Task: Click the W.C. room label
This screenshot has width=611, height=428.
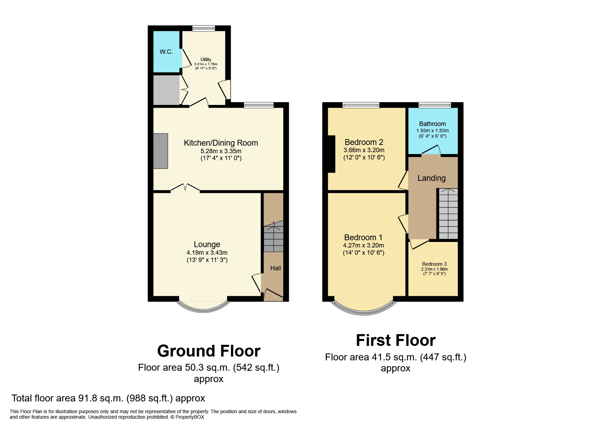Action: (x=166, y=52)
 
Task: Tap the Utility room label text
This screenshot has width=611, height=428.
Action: (x=206, y=59)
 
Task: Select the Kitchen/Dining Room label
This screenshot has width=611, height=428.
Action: (x=221, y=143)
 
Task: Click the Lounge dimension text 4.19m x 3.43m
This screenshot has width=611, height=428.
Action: (x=207, y=253)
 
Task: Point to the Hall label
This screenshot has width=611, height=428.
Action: (x=275, y=268)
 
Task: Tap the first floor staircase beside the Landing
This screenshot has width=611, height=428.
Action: (x=448, y=214)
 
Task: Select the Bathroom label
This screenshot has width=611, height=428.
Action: (x=432, y=124)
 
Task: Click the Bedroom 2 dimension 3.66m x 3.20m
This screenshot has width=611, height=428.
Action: (x=364, y=150)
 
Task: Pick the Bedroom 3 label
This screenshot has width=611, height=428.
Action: (x=434, y=264)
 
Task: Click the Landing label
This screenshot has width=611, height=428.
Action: (x=431, y=178)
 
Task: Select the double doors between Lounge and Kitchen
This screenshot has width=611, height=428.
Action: (x=185, y=188)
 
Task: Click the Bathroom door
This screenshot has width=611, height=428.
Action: (x=431, y=150)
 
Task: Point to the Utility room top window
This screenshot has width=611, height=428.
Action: (x=204, y=28)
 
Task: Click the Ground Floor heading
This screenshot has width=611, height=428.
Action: (x=209, y=351)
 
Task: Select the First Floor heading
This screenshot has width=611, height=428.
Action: (x=396, y=340)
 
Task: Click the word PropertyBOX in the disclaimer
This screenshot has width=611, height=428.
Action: (x=190, y=417)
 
